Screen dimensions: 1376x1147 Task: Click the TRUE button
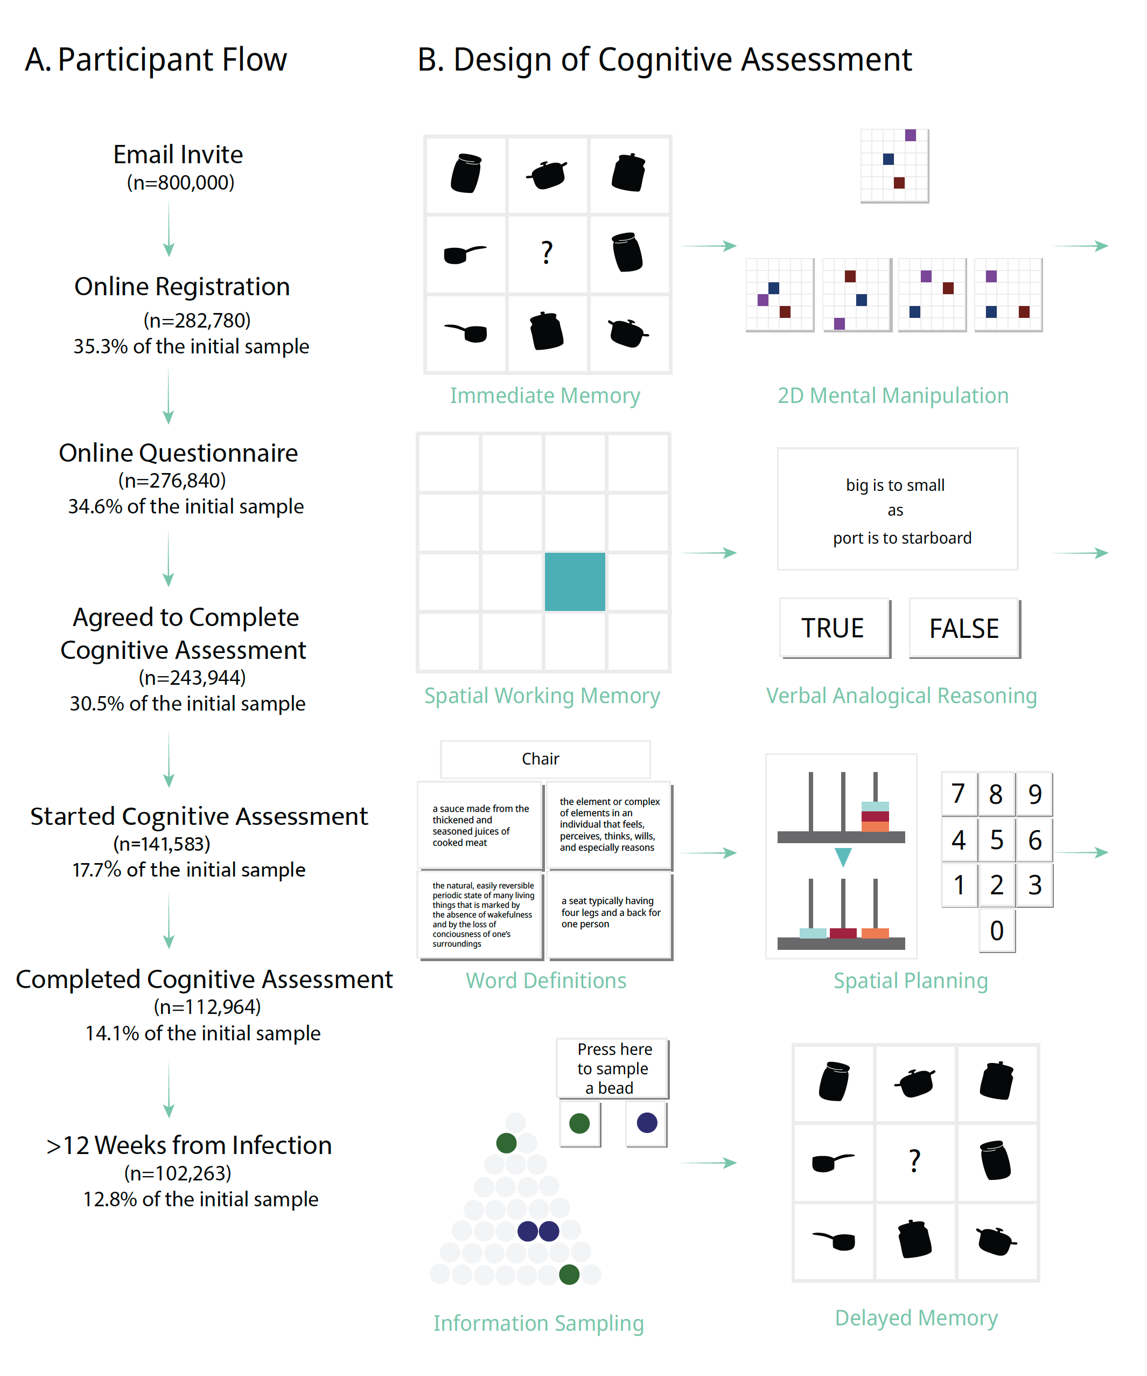(x=834, y=628)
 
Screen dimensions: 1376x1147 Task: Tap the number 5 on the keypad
(x=996, y=839)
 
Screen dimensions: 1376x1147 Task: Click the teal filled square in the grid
(x=575, y=581)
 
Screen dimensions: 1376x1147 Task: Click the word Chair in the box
(x=541, y=759)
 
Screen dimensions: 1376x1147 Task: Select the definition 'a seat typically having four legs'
(x=610, y=912)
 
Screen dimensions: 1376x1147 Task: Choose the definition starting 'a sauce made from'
(x=480, y=825)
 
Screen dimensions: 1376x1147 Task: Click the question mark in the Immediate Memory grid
(x=547, y=253)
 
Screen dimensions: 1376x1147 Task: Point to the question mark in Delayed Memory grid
(x=914, y=1161)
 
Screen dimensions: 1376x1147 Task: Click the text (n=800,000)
(x=180, y=182)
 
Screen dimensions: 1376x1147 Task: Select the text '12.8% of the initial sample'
(x=200, y=1199)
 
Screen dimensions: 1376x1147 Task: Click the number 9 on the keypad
(x=1034, y=794)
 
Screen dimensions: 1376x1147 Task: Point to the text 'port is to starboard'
(x=901, y=538)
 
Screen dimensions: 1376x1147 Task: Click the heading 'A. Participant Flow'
(x=156, y=60)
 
